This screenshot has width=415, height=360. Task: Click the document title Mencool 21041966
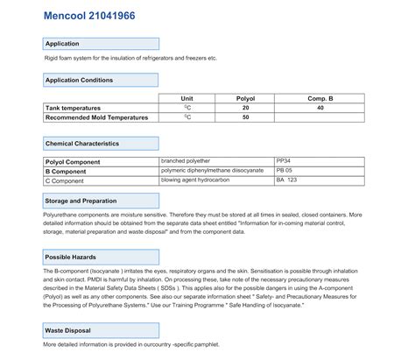(84, 15)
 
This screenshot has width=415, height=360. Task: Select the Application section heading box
(101, 43)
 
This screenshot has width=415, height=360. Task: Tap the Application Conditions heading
(101, 80)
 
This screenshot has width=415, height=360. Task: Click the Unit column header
(186, 99)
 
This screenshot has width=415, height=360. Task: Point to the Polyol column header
(246, 99)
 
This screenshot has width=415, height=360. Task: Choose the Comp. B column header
(320, 99)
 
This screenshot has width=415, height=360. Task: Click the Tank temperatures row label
(75, 108)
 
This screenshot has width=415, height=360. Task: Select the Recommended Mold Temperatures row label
(96, 117)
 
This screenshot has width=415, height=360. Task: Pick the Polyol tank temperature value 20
(246, 108)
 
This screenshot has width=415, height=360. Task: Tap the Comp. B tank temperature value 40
(320, 108)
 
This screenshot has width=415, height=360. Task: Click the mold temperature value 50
(246, 117)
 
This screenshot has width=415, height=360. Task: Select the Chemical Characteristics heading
(101, 143)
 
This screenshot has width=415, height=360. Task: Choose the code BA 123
(287, 180)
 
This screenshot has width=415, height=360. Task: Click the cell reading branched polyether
(186, 162)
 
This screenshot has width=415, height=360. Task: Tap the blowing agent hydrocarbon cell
(197, 180)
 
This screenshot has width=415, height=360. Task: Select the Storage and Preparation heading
(101, 201)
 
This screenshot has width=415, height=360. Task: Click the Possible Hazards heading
(101, 257)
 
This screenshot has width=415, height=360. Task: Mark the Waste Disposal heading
(101, 330)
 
